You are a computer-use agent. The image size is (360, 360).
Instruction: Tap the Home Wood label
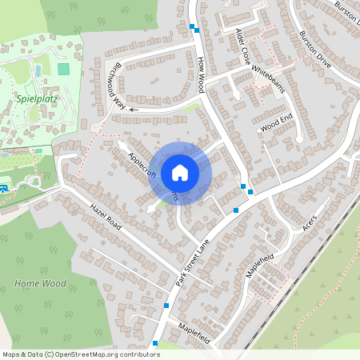click(40, 283)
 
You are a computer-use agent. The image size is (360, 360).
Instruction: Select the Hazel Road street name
click(106, 216)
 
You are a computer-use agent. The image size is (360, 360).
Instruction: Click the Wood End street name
click(277, 123)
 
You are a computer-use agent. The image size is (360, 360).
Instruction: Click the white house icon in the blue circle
click(180, 171)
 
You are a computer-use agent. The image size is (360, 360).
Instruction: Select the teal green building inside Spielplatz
click(63, 69)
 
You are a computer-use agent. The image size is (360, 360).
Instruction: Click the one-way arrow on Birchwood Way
click(133, 109)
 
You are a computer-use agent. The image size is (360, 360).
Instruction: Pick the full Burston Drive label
click(314, 48)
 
